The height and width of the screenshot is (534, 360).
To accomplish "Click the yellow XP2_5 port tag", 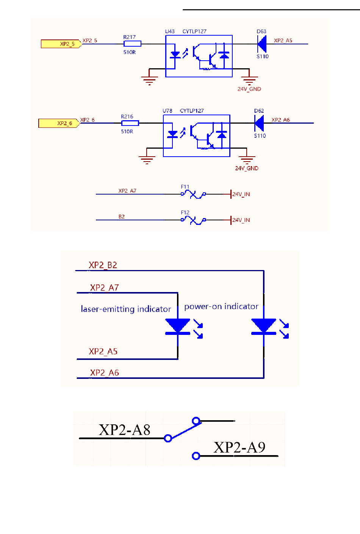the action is click(x=61, y=44).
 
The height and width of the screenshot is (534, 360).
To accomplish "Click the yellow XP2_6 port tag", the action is click(x=59, y=123).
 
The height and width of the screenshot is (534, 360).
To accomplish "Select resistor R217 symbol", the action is click(x=132, y=44).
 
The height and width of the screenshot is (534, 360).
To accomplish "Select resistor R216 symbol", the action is click(x=130, y=123).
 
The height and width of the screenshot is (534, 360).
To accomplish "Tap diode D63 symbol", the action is click(x=261, y=44).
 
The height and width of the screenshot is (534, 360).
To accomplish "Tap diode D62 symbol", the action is click(x=259, y=123).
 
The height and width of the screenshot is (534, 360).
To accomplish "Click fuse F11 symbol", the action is click(x=194, y=194).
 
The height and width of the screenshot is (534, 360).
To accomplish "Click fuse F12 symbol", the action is click(x=194, y=220).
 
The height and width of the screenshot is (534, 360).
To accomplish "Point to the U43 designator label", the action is click(x=170, y=31).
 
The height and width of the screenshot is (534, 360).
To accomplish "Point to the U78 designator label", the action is click(x=167, y=111).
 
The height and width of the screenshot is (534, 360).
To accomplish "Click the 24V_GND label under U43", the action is click(x=249, y=89).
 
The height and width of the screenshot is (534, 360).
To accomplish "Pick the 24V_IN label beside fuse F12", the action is click(x=241, y=220).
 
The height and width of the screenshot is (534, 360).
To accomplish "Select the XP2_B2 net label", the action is click(x=103, y=265).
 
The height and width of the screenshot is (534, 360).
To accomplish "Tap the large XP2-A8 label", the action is click(x=124, y=430).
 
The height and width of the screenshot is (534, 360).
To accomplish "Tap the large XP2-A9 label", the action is click(x=239, y=447).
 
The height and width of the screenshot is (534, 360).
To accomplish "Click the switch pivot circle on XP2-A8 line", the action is click(x=168, y=438).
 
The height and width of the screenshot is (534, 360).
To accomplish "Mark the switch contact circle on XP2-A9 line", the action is click(x=196, y=456).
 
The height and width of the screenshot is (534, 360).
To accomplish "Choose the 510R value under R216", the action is click(x=127, y=131).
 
